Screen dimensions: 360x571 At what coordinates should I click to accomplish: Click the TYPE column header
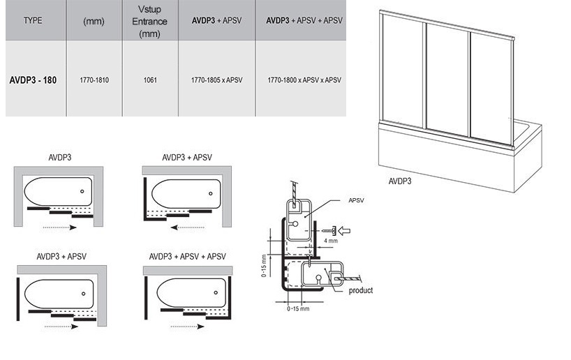[x=33, y=21]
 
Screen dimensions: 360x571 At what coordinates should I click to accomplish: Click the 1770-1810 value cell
[x=94, y=80]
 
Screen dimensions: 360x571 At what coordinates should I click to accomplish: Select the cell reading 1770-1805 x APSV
[x=216, y=80]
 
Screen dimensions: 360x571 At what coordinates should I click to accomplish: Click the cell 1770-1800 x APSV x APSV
[x=304, y=80]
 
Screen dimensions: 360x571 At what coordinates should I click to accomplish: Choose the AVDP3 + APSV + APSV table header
[x=304, y=21]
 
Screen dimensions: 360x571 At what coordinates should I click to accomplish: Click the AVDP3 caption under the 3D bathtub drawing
[x=399, y=181]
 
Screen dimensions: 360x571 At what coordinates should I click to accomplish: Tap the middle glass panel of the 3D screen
[x=447, y=84]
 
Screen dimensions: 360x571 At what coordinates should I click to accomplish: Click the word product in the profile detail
[x=361, y=290]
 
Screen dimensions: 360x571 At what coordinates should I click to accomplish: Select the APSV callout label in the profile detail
[x=357, y=200]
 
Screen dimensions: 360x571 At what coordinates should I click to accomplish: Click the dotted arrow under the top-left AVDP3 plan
[x=59, y=227]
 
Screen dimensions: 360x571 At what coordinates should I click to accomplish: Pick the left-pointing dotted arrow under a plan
[x=191, y=227]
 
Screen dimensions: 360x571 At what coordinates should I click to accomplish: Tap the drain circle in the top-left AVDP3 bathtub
[x=82, y=191]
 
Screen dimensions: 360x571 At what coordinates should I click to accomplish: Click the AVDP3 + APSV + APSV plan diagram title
[x=185, y=255]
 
